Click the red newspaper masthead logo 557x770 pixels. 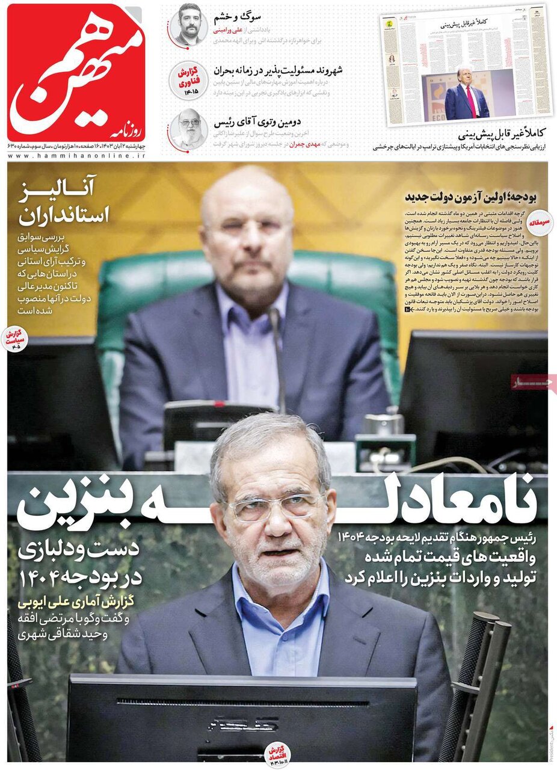(x=76, y=72)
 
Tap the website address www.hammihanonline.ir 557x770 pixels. (x=76, y=155)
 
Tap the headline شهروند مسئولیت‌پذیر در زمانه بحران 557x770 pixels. (x=278, y=70)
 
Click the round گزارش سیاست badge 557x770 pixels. (x=14, y=339)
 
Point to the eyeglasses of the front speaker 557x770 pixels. (x=274, y=505)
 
